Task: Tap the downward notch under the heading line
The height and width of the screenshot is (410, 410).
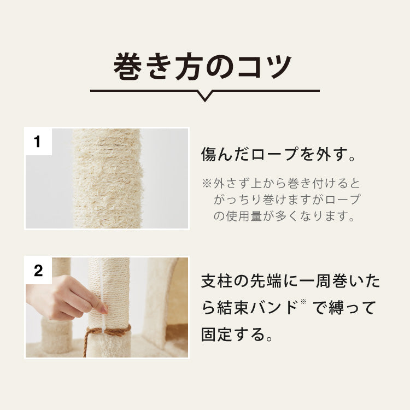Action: tap(205, 97)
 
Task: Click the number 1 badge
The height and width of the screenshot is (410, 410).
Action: tap(38, 142)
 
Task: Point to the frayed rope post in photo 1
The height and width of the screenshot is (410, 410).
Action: tap(108, 178)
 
